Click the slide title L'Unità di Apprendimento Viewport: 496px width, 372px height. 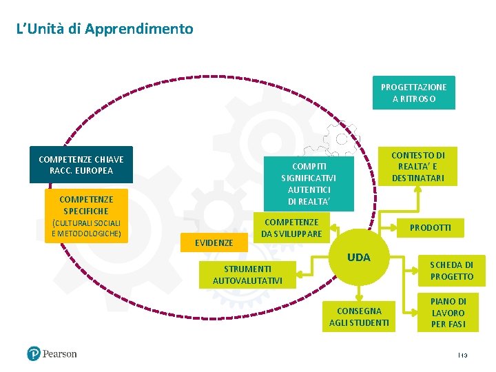105,29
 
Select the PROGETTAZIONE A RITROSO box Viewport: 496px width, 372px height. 413,92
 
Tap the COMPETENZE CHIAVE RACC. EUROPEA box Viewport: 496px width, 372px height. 81,165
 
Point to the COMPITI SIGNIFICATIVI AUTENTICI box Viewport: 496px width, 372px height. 309,184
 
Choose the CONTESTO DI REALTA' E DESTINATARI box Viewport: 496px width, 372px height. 418,167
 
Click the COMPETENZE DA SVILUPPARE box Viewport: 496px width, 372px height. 292,228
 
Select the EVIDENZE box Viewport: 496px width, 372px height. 214,242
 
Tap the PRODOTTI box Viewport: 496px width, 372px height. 431,227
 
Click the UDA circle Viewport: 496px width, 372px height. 359,258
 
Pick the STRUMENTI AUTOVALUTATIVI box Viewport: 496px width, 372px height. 247,274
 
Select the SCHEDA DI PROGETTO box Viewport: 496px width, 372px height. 451,271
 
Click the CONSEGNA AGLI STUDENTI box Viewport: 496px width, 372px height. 359,317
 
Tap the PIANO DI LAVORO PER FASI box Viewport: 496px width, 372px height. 448,312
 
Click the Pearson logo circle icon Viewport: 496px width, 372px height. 34,354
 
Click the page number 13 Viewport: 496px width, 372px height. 464,355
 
